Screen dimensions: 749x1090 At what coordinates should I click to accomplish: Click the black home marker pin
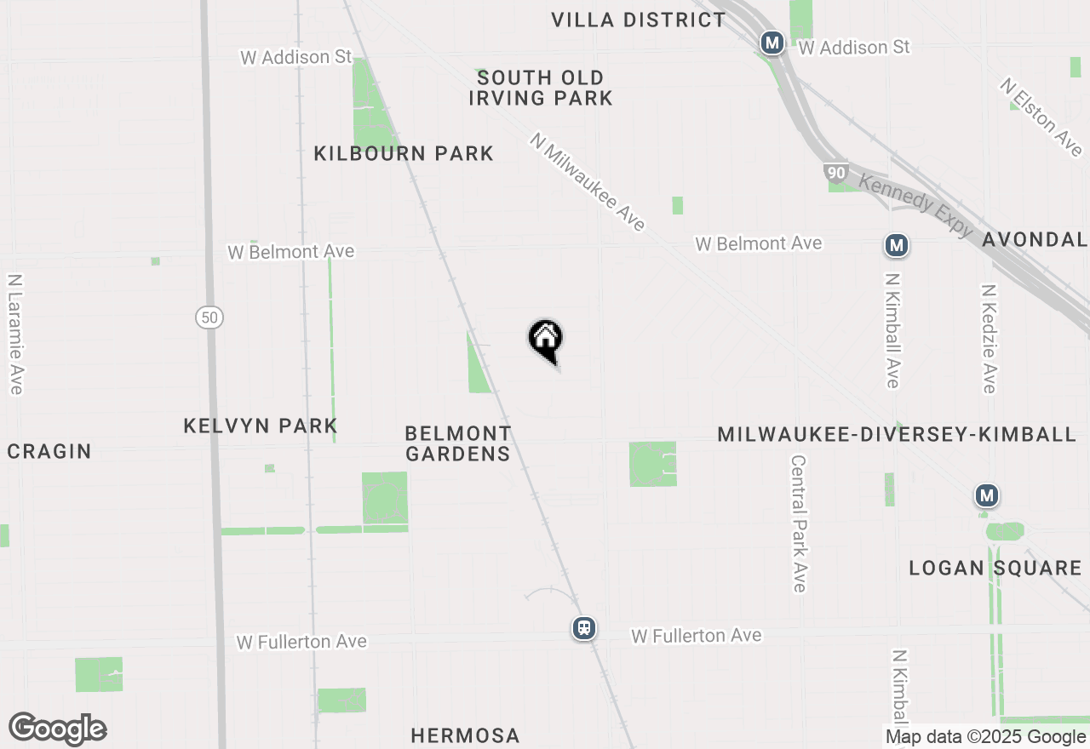tap(546, 340)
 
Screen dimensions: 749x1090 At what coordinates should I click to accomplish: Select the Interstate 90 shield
tap(835, 173)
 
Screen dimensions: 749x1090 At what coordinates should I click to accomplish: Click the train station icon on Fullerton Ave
tap(583, 628)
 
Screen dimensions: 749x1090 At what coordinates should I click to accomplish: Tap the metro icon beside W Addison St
tap(772, 43)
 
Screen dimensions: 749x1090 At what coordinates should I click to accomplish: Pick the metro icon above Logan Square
tap(986, 495)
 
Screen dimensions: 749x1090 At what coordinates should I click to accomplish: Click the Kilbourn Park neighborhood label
tap(404, 154)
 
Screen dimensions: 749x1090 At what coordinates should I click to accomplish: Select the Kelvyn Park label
tap(261, 426)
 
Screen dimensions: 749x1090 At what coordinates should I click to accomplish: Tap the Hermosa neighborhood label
tap(465, 735)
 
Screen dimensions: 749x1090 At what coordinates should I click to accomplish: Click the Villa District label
tap(639, 20)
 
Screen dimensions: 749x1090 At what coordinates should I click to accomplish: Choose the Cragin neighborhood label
tap(49, 451)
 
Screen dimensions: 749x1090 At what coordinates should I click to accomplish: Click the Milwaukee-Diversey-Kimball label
tap(897, 435)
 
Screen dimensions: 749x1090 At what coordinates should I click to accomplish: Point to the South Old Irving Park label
tap(541, 89)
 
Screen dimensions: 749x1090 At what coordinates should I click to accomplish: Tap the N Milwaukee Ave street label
tap(588, 181)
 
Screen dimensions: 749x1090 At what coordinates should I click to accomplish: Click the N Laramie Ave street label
tap(14, 334)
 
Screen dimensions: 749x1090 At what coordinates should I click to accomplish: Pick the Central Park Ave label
tap(798, 523)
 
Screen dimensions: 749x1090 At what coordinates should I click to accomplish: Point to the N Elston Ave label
tap(1041, 117)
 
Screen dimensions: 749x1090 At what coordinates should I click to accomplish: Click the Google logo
tap(58, 729)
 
